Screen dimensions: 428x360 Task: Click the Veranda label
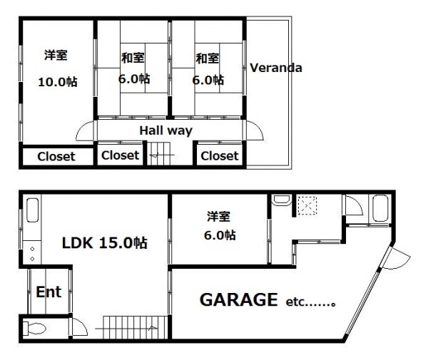[x=276, y=68]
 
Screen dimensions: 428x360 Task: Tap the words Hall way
[x=166, y=130]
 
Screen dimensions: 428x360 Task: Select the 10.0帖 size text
[x=58, y=82]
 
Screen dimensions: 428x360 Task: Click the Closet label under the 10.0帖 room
[x=56, y=157]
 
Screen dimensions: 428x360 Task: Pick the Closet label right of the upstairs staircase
[x=220, y=156]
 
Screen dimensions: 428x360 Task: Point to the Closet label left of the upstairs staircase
[x=120, y=155]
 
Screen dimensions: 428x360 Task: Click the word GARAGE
[x=239, y=299]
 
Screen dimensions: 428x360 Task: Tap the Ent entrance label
[x=49, y=292]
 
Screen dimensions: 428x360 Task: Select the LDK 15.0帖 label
[x=105, y=242]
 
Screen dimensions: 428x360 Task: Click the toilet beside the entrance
[x=34, y=328]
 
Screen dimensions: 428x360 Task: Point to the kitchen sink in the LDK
[x=32, y=210]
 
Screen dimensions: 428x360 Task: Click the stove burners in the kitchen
[x=32, y=254]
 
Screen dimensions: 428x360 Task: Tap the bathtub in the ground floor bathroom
[x=380, y=208]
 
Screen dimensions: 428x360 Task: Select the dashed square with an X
[x=307, y=206]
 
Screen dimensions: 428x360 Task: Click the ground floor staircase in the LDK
[x=136, y=327]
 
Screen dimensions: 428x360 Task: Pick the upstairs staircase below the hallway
[x=158, y=153]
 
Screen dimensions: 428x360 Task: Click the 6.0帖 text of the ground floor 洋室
[x=220, y=235]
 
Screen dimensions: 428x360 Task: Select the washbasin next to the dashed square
[x=282, y=200]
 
